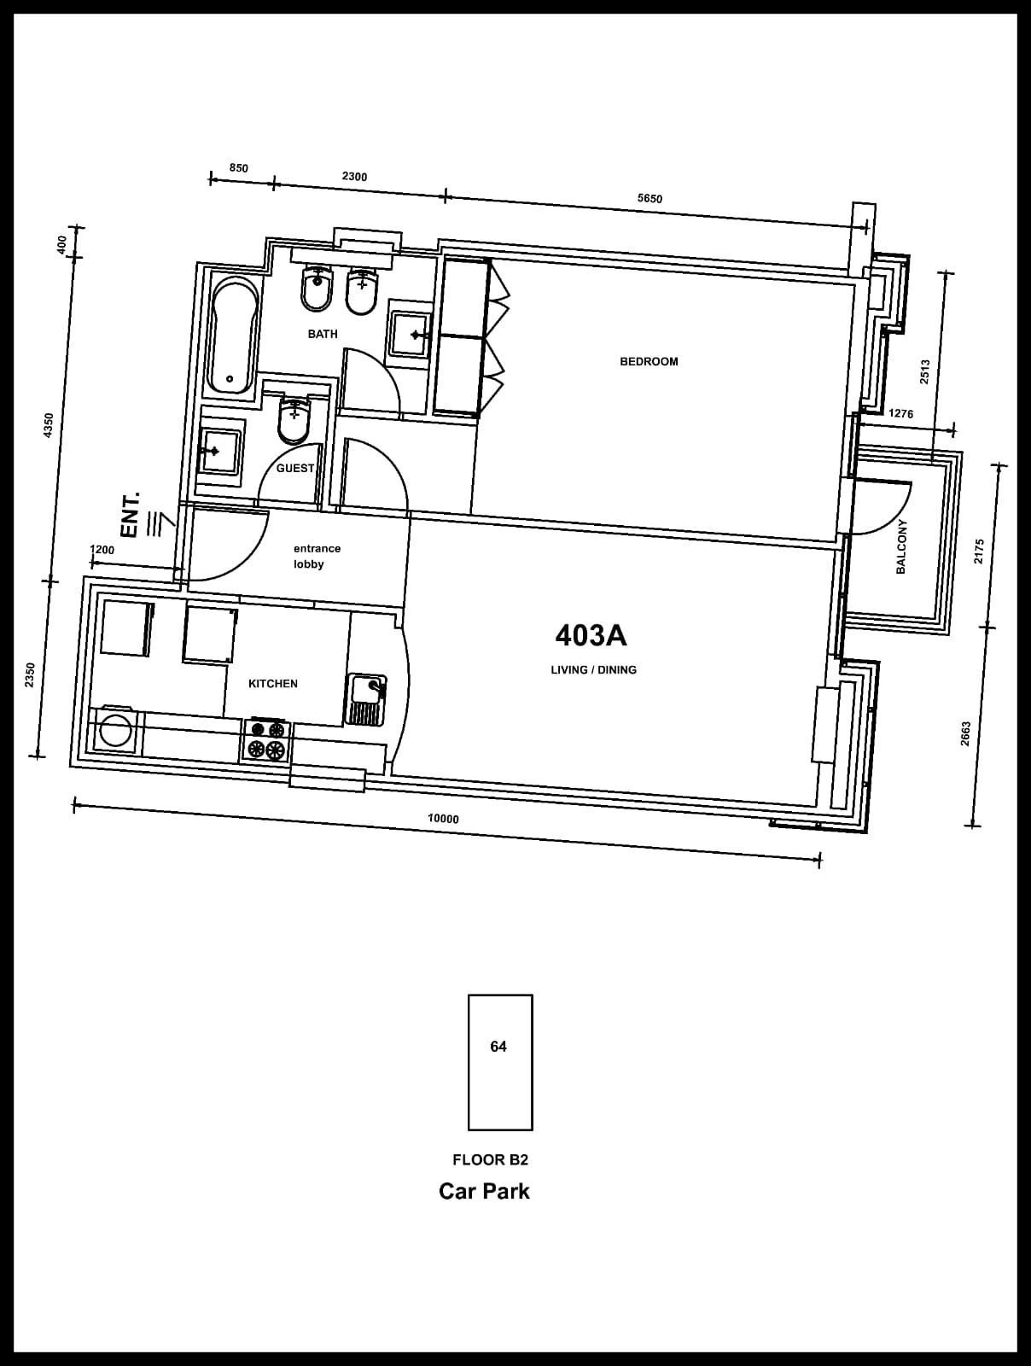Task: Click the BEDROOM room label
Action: (649, 362)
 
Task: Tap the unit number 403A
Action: (591, 635)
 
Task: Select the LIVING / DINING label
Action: (594, 670)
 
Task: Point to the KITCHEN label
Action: (273, 683)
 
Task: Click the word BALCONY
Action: (901, 546)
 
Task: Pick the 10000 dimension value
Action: (443, 819)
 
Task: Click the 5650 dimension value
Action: (649, 199)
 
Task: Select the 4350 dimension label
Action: (49, 426)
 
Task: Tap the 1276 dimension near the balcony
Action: (901, 413)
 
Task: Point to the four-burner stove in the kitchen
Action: (266, 739)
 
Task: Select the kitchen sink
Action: (366, 699)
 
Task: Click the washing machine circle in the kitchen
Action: (115, 731)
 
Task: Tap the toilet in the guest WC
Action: (294, 419)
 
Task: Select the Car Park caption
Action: (485, 1190)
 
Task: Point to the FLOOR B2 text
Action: (490, 1159)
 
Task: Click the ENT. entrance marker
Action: (131, 514)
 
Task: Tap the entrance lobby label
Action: (317, 557)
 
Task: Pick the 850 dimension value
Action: (239, 168)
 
